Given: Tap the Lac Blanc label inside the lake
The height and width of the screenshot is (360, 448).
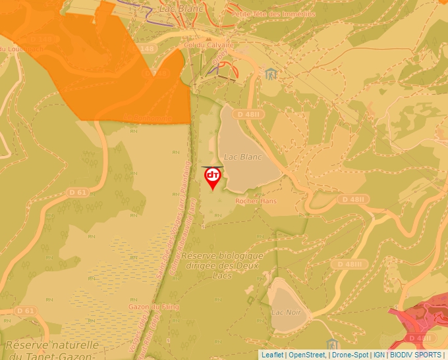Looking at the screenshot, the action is (x=243, y=157).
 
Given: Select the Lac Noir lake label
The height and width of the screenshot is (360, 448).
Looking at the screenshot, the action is (x=286, y=312).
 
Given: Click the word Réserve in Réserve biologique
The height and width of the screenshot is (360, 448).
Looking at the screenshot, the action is (x=200, y=255).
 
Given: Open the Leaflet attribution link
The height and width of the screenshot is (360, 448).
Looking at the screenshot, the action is (x=272, y=355).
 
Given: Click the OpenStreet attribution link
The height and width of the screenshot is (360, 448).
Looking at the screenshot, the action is (x=307, y=355).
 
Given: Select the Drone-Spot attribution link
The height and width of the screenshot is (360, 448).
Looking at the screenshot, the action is (x=350, y=355).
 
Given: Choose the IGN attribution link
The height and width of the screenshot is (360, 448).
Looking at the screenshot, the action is (x=379, y=355).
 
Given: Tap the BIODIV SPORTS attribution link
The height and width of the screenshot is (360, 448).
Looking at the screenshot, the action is (x=416, y=355).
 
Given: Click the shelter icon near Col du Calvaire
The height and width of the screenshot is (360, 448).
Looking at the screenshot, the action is (x=270, y=73).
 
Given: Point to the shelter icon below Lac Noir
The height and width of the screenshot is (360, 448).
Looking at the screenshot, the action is (x=332, y=345).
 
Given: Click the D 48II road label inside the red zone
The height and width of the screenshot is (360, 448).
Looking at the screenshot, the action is (x=420, y=338).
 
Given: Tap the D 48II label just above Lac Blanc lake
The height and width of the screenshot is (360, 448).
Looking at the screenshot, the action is (x=250, y=114).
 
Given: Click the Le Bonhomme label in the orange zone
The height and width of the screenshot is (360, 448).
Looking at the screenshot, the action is (x=148, y=118).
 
